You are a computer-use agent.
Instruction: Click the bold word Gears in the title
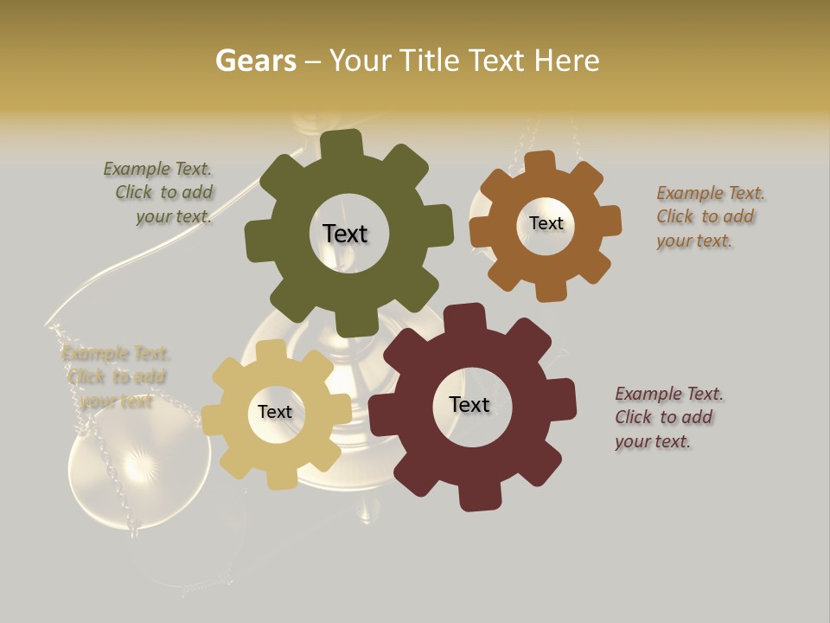(256, 61)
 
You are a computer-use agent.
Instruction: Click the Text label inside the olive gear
(345, 234)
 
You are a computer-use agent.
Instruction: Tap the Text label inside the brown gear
(546, 223)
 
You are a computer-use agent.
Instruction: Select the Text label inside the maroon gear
(469, 404)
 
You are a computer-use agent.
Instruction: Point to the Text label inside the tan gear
(275, 412)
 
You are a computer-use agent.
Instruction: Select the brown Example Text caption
(709, 216)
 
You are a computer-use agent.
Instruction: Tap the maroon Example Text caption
(667, 417)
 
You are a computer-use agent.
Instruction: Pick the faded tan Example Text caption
(116, 376)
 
